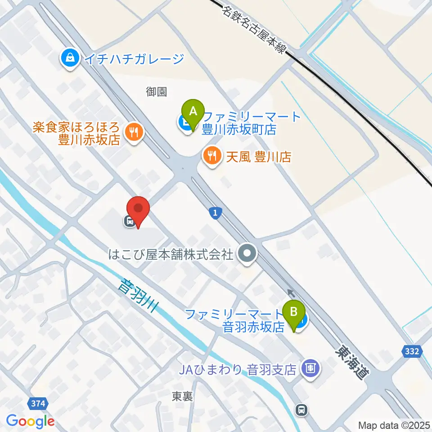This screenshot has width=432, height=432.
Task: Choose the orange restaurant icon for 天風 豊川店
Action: point(211,156)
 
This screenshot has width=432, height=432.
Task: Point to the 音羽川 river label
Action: point(140,297)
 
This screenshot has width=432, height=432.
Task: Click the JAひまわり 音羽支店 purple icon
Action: point(310,369)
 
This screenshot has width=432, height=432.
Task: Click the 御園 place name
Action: point(157,92)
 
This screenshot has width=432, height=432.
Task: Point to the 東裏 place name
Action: point(183,396)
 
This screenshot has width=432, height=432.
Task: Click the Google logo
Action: point(30,421)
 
